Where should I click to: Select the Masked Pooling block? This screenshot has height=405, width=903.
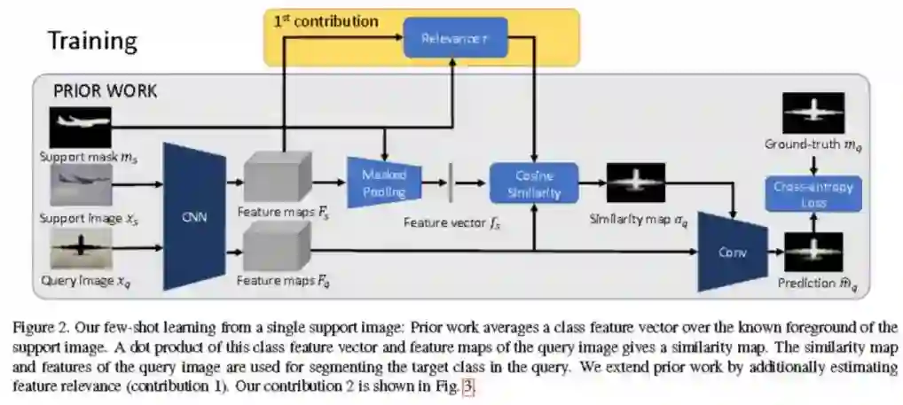coord(384,183)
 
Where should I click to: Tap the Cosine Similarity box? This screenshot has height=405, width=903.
coord(534,183)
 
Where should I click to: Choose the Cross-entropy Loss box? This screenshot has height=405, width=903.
coord(800,195)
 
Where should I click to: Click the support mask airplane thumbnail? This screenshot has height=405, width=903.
coord(81,127)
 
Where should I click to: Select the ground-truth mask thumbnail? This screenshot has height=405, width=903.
coord(812,113)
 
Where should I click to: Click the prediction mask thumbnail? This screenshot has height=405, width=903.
coord(812,252)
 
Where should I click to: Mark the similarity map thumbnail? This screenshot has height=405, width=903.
coord(637,184)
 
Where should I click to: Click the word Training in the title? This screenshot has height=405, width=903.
coord(92,40)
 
